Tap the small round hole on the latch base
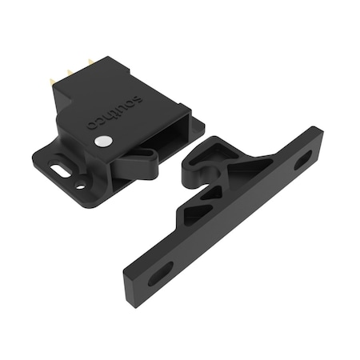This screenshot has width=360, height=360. (x=80, y=186)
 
